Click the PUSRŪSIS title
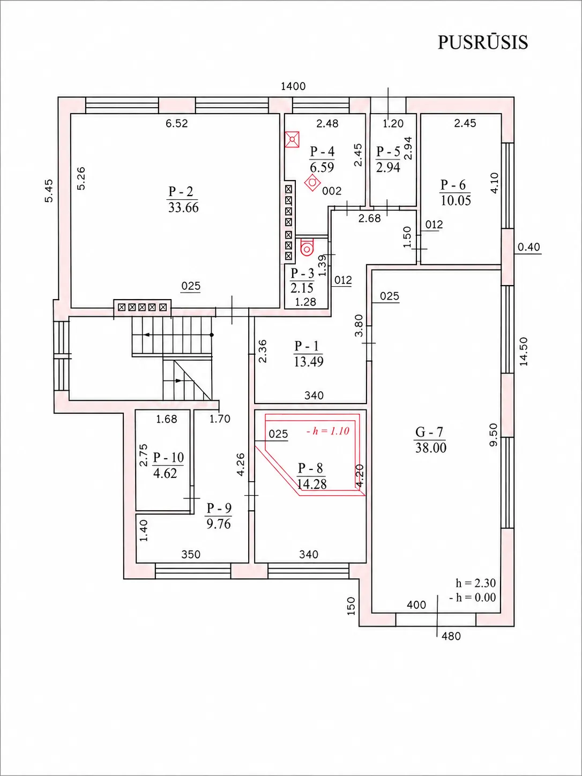tap(483, 42)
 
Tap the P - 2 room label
tap(181, 191)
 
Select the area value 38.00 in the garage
tap(431, 448)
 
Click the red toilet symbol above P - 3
tap(307, 247)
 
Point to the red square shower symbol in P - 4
tap(292, 139)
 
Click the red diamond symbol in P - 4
tap(312, 183)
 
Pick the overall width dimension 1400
tap(293, 86)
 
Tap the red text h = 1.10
tap(328, 431)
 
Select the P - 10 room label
tap(168, 458)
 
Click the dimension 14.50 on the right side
tap(524, 352)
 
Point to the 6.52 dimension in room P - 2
tap(177, 123)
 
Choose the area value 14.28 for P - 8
tap(311, 484)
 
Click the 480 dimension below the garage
tap(451, 636)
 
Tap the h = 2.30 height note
tap(476, 583)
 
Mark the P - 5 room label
tap(388, 152)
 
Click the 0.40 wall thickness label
tap(529, 247)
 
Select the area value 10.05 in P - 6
tap(456, 200)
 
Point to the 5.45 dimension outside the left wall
tap(49, 191)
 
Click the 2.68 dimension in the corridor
tap(370, 219)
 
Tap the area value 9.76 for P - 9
tap(219, 524)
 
